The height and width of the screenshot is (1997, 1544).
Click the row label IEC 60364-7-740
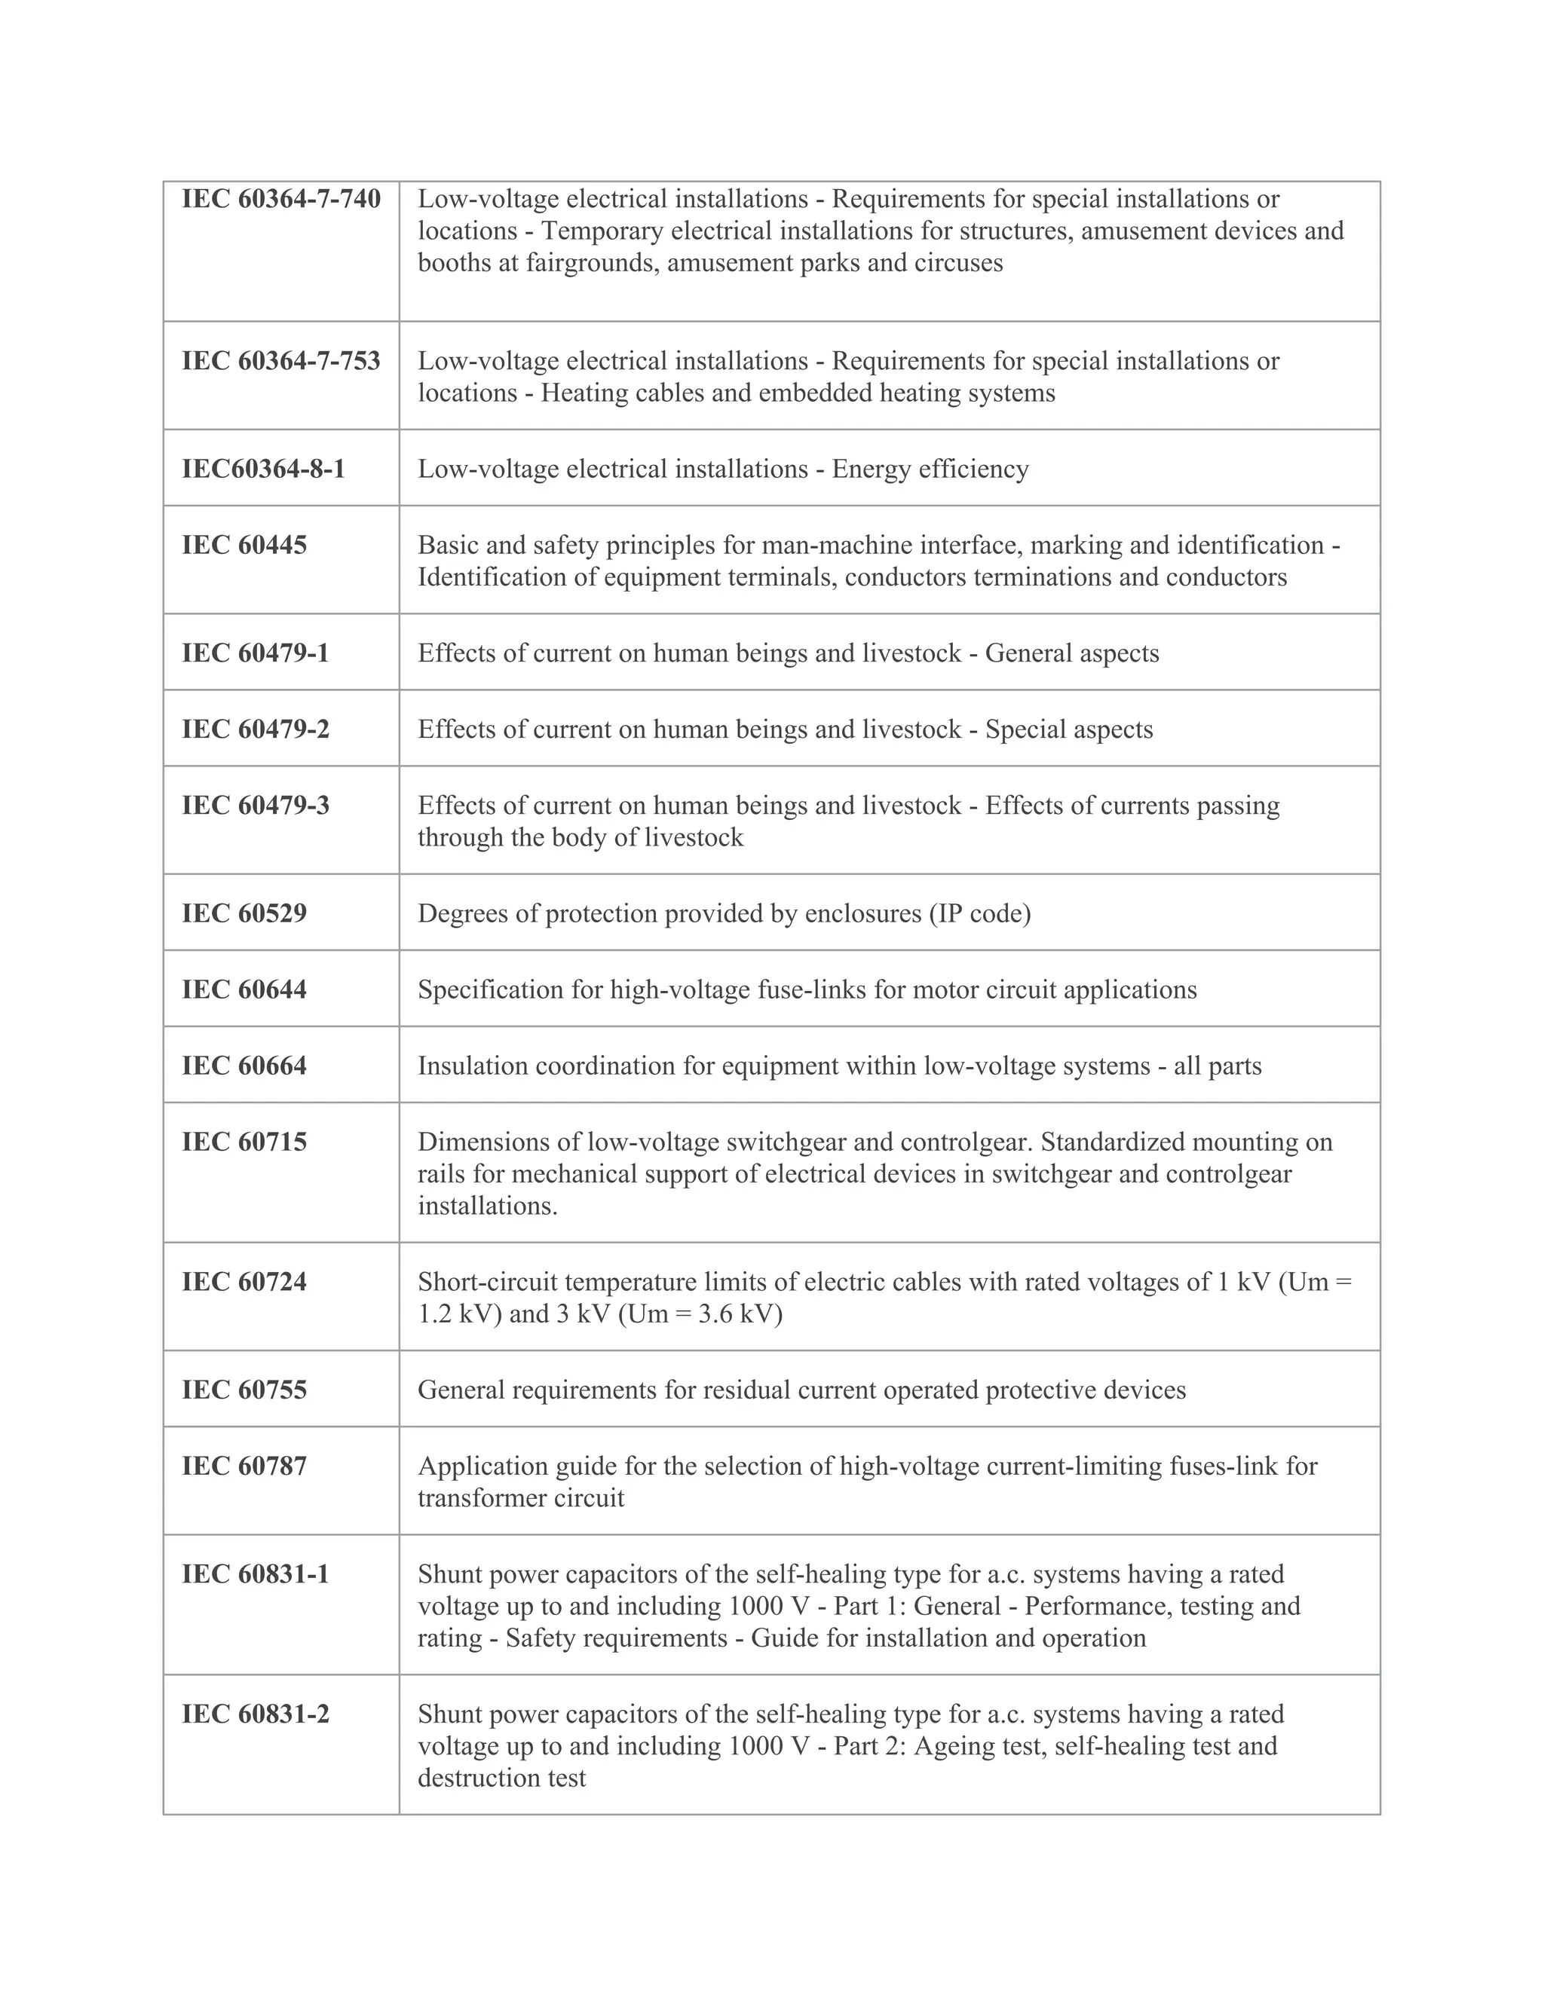tap(280, 200)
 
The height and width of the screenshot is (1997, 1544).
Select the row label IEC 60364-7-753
tap(280, 361)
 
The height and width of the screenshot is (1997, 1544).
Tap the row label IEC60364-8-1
tap(263, 469)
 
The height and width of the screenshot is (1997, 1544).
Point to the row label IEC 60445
tap(244, 545)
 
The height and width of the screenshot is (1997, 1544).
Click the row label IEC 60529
tap(244, 913)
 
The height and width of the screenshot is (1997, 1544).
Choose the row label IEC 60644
tap(244, 989)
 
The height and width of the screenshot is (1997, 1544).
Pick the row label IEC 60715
tap(244, 1142)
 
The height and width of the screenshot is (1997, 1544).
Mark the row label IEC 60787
tap(244, 1466)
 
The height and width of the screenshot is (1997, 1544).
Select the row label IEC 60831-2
tap(256, 1714)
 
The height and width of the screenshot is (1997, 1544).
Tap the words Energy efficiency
tap(930, 469)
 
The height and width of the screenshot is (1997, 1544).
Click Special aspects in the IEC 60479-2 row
tap(1068, 729)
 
